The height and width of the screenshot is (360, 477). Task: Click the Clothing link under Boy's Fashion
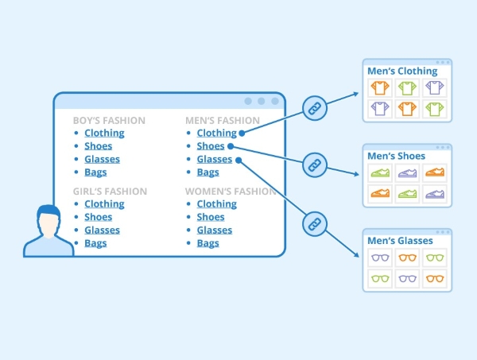point(104,134)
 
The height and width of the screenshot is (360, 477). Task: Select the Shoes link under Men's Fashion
point(211,146)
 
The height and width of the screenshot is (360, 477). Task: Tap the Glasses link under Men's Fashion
point(215,159)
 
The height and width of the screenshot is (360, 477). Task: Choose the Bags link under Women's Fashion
point(207,243)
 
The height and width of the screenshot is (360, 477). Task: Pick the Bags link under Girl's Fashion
point(95,243)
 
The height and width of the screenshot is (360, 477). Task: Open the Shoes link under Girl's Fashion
point(98,217)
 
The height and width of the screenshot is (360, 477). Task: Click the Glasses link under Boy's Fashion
point(102,159)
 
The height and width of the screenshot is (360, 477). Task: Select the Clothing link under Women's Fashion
point(216,204)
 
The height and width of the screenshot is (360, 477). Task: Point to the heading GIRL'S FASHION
point(110,192)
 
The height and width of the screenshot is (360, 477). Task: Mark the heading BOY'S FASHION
point(109,121)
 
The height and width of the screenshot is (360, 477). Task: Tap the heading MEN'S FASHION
point(223,121)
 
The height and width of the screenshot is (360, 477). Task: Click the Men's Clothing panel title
point(402,72)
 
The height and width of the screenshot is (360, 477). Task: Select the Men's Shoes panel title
point(397,157)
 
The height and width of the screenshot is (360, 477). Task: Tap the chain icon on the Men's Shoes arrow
point(314,165)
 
